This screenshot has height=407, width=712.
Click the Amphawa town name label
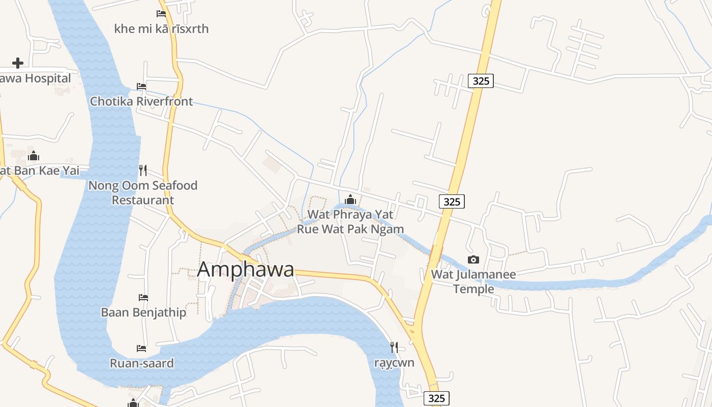tap(245, 269)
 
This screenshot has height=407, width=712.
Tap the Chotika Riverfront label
tap(141, 101)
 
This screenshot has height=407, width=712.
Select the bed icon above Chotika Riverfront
tap(141, 86)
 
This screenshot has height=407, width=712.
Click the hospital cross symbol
tap(18, 63)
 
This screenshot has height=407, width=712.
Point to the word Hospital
tap(48, 78)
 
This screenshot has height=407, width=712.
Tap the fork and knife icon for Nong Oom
tap(143, 170)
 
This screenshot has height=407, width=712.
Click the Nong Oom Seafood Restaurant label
tap(143, 193)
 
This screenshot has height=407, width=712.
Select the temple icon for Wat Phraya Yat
tap(350, 199)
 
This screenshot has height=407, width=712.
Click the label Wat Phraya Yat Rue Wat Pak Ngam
tap(350, 222)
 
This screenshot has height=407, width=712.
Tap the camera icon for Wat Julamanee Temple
tap(473, 260)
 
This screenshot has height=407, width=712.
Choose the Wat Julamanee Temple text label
tap(473, 282)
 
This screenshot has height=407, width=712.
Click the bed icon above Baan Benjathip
tap(143, 297)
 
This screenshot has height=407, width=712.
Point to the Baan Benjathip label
tap(143, 312)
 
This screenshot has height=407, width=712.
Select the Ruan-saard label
tap(142, 363)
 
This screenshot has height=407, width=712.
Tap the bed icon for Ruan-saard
tap(141, 348)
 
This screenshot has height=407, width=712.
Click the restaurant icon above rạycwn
tap(394, 347)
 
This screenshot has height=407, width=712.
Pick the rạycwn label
tap(394, 363)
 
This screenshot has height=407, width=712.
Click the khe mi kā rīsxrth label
tap(161, 28)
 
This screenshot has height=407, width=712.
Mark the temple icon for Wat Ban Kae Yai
tap(34, 156)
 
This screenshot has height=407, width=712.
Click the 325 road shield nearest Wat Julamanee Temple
tap(452, 201)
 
